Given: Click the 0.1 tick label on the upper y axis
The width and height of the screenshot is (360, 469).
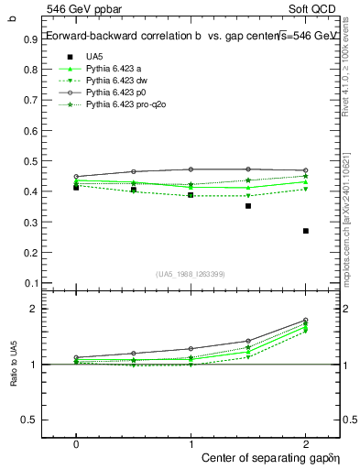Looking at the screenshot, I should pyautogui.click(x=30, y=283).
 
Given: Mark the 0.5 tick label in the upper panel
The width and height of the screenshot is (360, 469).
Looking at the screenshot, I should pyautogui.click(x=30, y=162).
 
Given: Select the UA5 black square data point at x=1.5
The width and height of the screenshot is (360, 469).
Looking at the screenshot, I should pyautogui.click(x=248, y=206).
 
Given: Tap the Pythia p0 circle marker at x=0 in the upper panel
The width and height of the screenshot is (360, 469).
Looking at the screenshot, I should pyautogui.click(x=76, y=176).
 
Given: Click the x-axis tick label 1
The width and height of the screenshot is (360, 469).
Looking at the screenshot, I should pyautogui.click(x=191, y=443).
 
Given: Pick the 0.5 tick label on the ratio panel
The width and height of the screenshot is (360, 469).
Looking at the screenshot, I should pyautogui.click(x=30, y=420).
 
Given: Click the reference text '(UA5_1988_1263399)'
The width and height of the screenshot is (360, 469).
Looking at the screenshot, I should pyautogui.click(x=191, y=274).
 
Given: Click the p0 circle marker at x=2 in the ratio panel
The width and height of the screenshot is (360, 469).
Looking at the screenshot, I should pyautogui.click(x=306, y=320).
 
